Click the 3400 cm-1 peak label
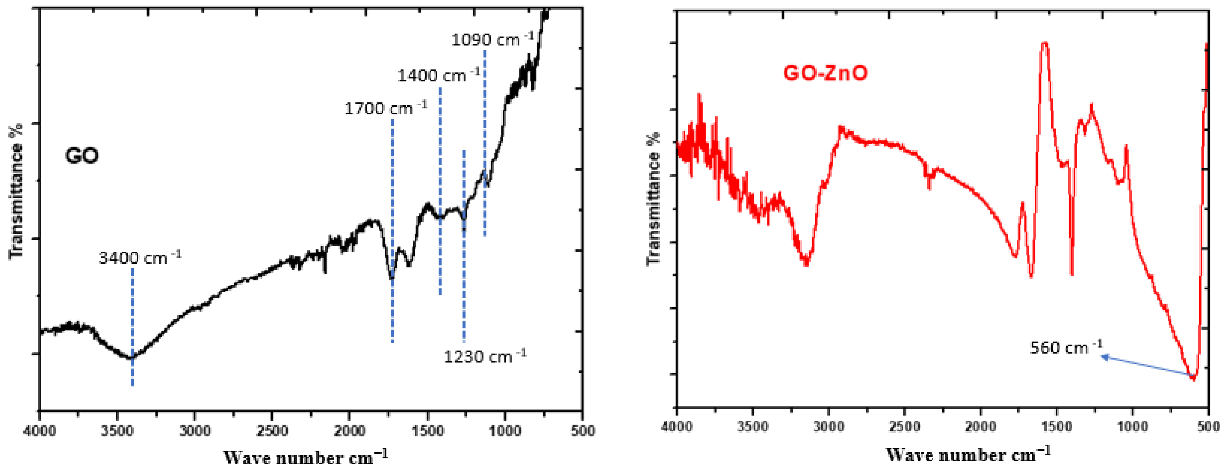tap(140, 258)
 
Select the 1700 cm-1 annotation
tap(385, 108)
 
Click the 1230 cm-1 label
tap(484, 356)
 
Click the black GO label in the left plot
tap(82, 156)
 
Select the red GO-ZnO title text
tap(825, 73)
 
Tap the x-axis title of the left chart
tap(305, 457)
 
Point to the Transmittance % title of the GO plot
tap(16, 191)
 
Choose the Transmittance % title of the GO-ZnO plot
tap(653, 198)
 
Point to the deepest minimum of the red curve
tap(1194, 378)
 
